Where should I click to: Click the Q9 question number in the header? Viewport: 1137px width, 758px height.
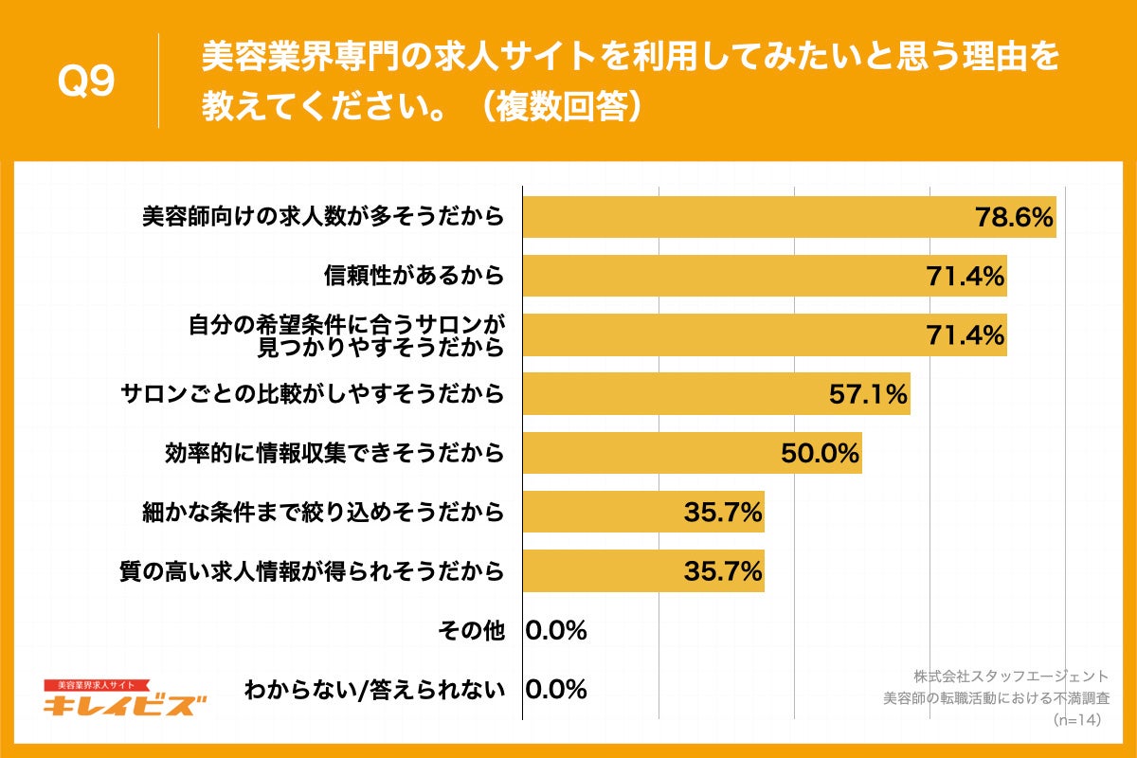click(x=86, y=82)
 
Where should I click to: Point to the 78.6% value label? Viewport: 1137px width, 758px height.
click(x=1015, y=218)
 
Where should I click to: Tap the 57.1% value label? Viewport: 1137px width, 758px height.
click(x=869, y=394)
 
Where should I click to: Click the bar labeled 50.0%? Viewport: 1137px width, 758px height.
click(x=692, y=453)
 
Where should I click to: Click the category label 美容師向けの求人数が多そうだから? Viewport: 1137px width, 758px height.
click(x=322, y=218)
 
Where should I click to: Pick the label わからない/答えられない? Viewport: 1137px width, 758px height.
click(x=373, y=689)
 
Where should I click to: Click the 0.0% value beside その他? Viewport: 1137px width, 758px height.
click(x=556, y=630)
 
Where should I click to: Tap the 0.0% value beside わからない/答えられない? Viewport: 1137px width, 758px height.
click(x=556, y=689)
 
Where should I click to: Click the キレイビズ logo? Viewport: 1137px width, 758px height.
click(x=124, y=700)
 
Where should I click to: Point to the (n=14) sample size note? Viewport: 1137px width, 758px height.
click(x=1079, y=720)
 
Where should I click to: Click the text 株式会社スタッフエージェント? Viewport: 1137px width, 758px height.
click(x=1010, y=677)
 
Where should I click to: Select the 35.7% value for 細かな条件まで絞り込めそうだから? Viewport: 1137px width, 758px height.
click(x=723, y=513)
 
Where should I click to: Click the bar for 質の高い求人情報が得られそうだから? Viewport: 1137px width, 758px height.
click(x=643, y=571)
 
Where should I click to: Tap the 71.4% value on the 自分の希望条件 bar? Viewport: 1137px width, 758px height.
click(x=966, y=335)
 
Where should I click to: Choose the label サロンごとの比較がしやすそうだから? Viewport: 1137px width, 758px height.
click(x=313, y=394)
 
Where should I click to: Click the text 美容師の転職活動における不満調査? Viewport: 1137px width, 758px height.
click(x=995, y=698)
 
